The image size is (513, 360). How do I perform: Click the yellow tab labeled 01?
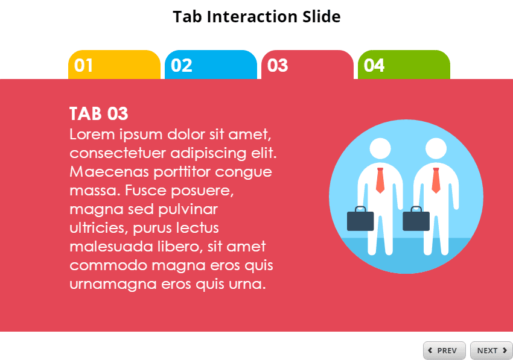pos(114,65)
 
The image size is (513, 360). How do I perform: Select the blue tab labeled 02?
pos(211,65)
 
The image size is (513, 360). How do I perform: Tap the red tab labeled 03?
pos(307,65)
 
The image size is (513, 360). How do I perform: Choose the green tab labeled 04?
pos(404,65)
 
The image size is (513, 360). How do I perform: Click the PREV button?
pos(444,350)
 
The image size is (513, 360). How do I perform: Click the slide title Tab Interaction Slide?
pos(256,16)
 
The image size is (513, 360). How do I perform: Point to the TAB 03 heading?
pos(99,113)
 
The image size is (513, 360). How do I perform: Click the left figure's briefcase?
pos(360,219)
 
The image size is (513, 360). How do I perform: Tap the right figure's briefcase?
pos(416,219)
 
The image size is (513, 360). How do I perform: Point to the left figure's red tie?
pos(380,180)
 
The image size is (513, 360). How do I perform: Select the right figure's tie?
pos(436,180)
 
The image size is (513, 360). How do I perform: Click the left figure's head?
pos(380,149)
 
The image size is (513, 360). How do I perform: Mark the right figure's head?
pos(435,149)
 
